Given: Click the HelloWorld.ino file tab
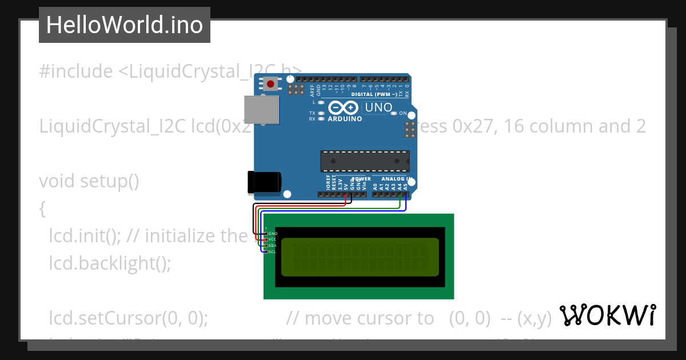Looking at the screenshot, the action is [124, 25].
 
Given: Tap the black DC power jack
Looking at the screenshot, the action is [264, 182].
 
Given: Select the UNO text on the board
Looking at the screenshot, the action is [378, 107].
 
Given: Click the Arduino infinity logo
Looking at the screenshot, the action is [344, 107].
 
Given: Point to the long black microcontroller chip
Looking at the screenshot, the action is [365, 161].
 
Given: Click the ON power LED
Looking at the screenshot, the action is [393, 113].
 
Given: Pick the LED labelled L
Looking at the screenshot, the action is [321, 102].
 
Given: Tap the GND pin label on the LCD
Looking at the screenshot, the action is [273, 234].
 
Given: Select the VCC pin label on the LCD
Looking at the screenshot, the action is [273, 239].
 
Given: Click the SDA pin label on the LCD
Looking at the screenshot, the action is [273, 245].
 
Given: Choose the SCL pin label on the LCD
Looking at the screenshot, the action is [273, 251].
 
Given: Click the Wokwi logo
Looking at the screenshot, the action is [607, 315].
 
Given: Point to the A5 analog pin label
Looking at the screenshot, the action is [405, 186].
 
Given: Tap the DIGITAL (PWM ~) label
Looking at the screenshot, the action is [374, 94].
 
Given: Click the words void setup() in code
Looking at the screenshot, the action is [89, 181].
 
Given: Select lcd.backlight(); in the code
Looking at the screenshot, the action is [110, 263].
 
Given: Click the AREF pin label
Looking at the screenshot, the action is [312, 89].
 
